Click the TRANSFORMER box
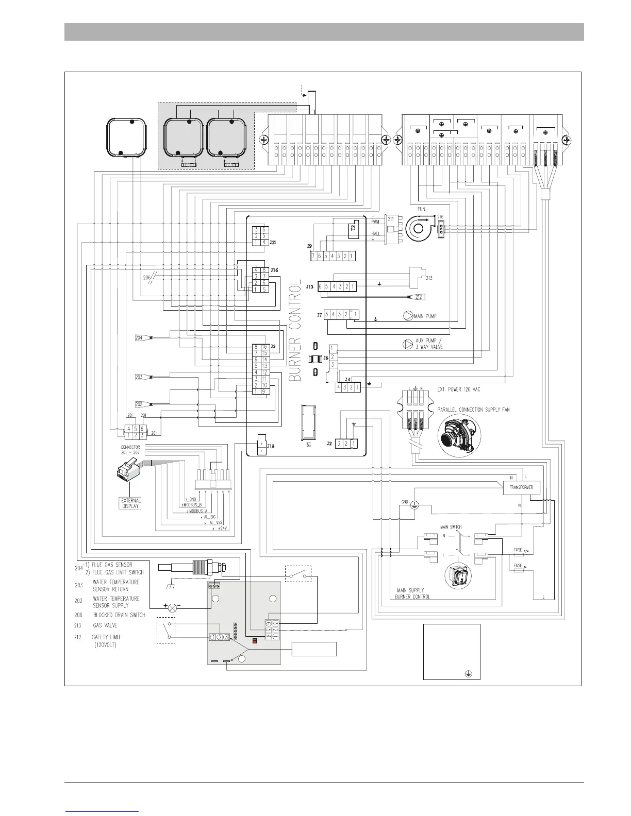coord(521,487)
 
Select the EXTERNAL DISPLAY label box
coord(131,503)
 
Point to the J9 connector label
coord(309,246)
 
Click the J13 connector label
coord(309,286)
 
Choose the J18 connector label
coord(271,446)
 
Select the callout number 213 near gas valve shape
coord(429,278)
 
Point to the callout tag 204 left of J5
coord(139,338)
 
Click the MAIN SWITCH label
coord(451,527)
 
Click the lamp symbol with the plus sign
coord(173,608)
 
